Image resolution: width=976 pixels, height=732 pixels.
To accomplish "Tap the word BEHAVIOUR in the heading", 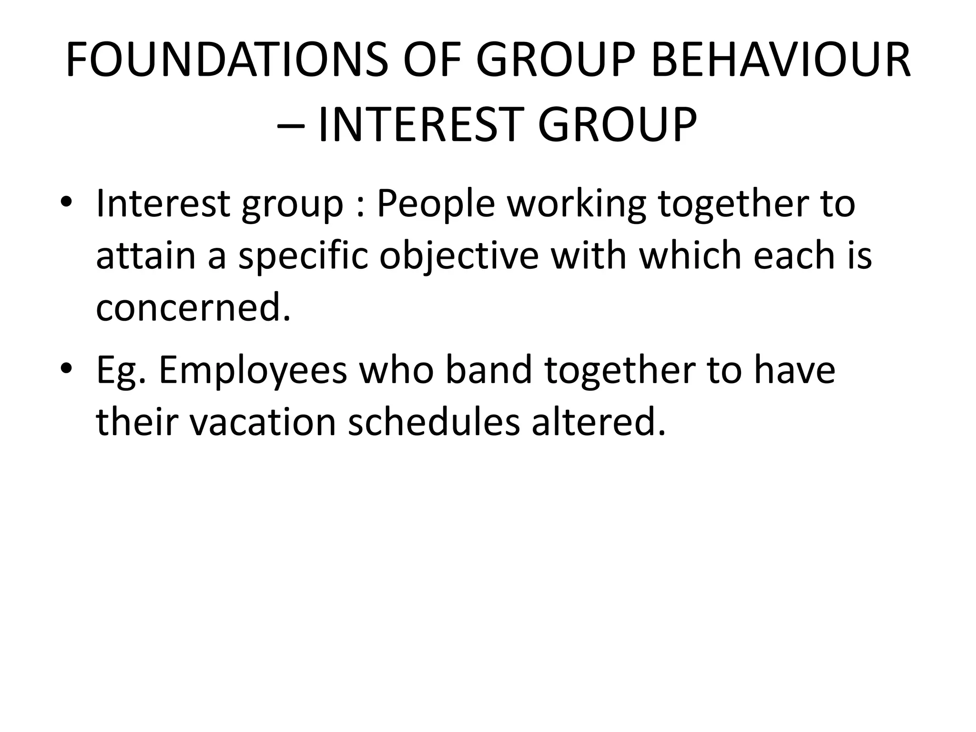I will click(781, 61).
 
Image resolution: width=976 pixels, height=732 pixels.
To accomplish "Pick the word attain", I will click(146, 256).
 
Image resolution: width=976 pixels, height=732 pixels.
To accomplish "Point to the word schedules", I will click(434, 422).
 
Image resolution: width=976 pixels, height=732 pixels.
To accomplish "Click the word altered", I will click(598, 422).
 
